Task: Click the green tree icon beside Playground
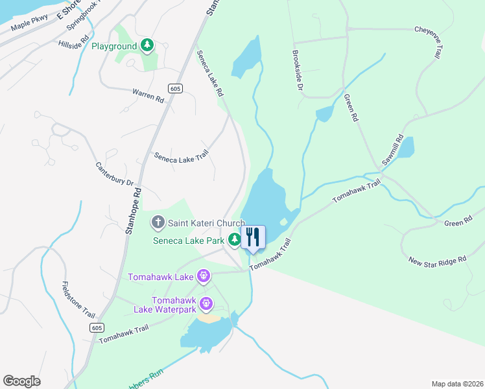coord(148,45)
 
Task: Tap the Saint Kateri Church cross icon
coord(158,223)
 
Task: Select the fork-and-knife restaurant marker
coord(253,237)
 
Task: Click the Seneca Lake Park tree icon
coord(234,241)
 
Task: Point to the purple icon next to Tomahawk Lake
coord(204,277)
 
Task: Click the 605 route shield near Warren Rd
coord(174,88)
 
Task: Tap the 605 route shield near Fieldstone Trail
coord(97,329)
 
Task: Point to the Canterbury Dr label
coord(114,173)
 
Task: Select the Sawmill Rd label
coord(393,150)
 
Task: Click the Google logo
coord(21,381)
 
